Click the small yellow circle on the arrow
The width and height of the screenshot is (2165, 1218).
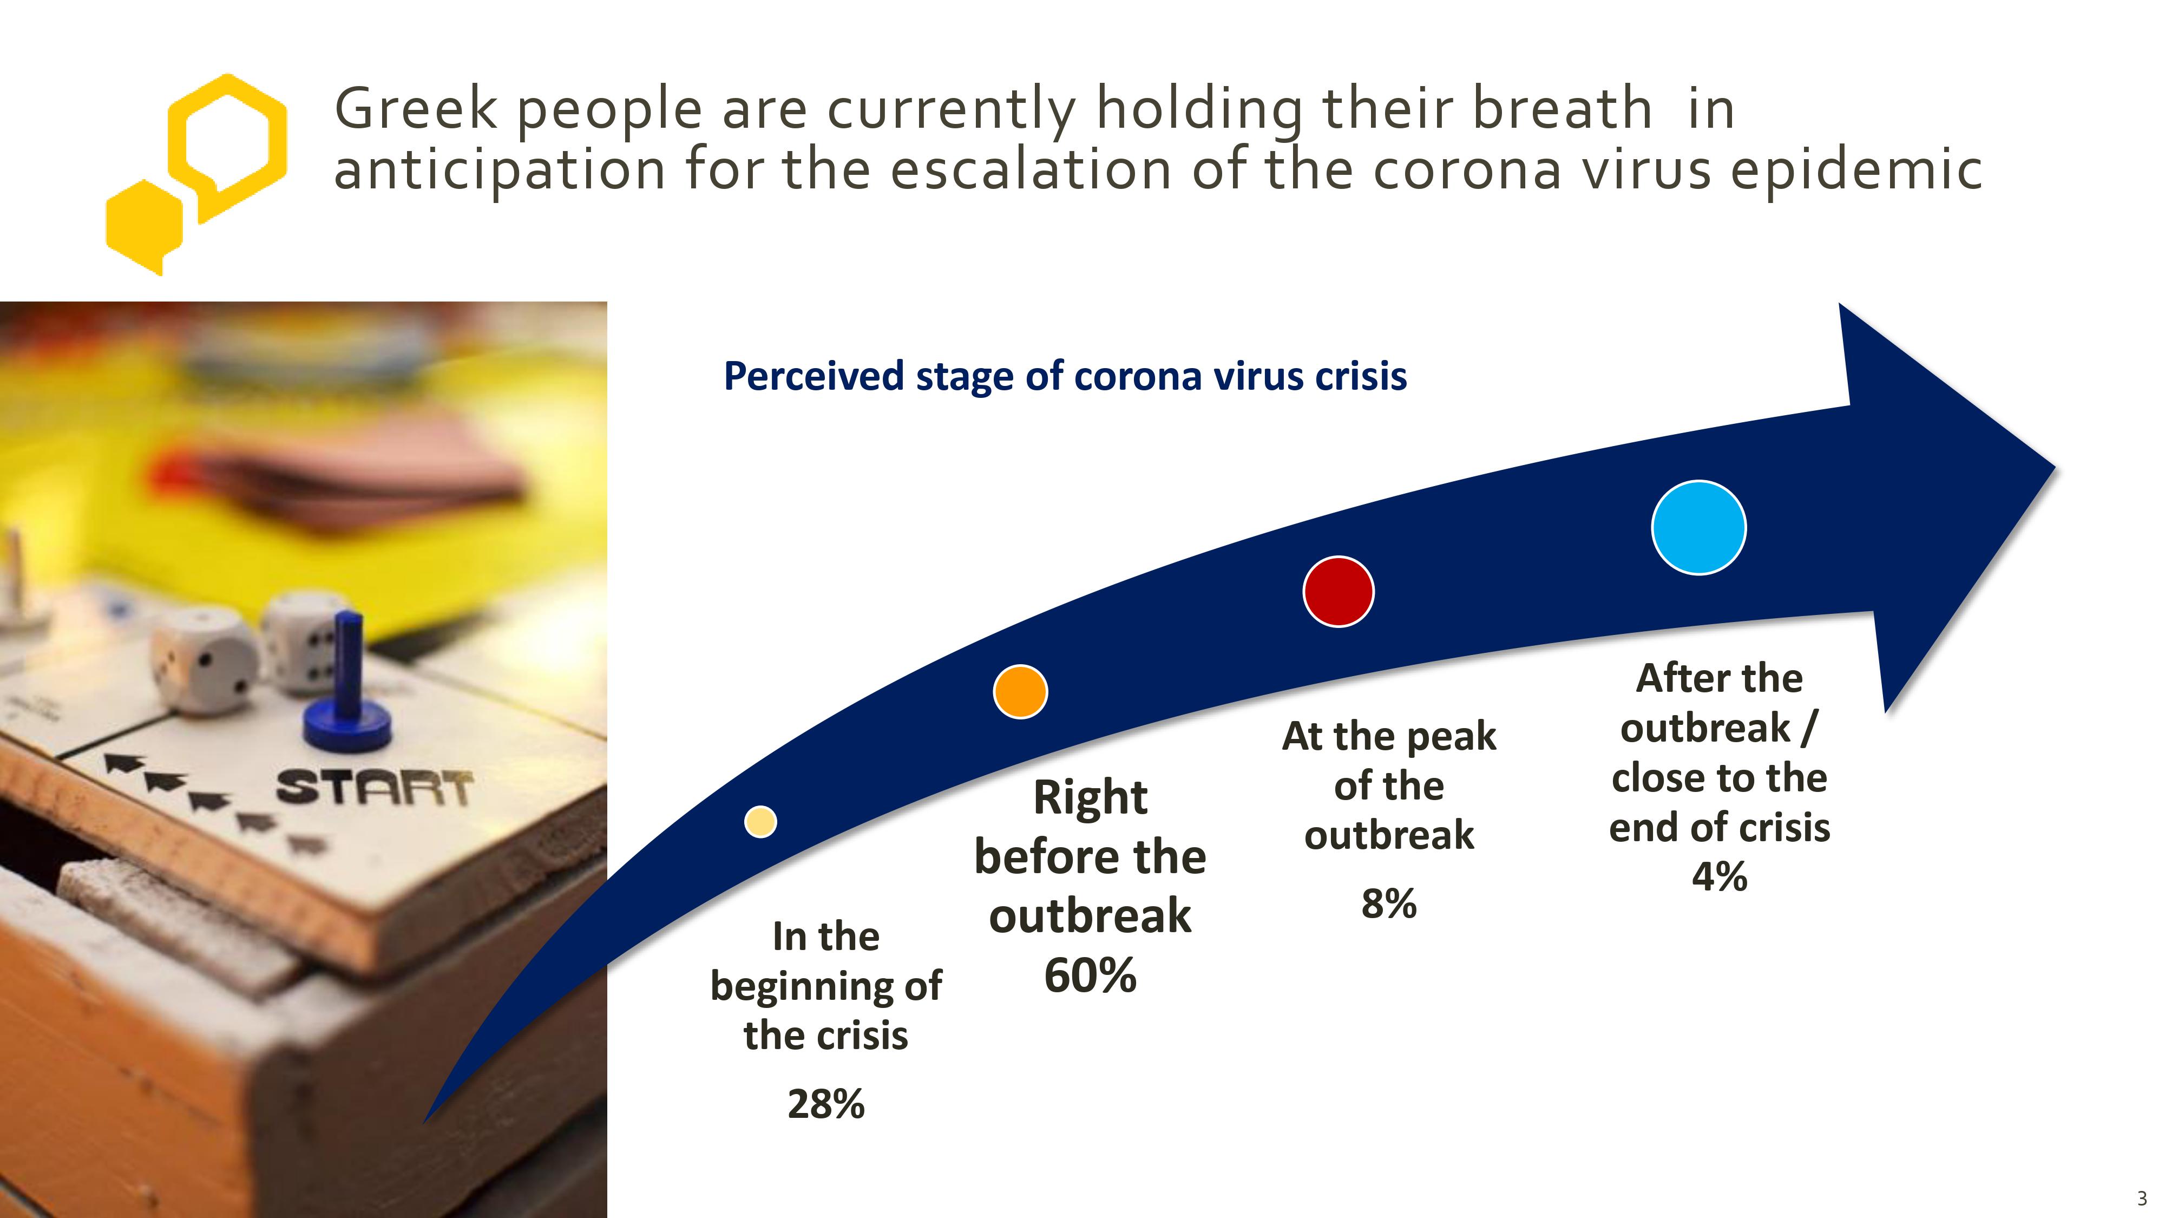[x=760, y=821]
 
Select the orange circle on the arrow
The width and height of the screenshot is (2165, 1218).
[x=1020, y=692]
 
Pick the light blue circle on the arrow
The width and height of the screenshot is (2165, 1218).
[x=1698, y=528]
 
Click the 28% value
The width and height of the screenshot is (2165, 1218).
[x=826, y=1104]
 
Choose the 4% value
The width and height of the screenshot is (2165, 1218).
[x=1720, y=877]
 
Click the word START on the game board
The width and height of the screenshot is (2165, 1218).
[x=375, y=788]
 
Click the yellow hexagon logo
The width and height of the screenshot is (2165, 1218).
[x=196, y=174]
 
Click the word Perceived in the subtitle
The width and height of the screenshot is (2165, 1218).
[x=813, y=377]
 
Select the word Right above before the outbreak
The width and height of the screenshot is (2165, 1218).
[x=1090, y=798]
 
